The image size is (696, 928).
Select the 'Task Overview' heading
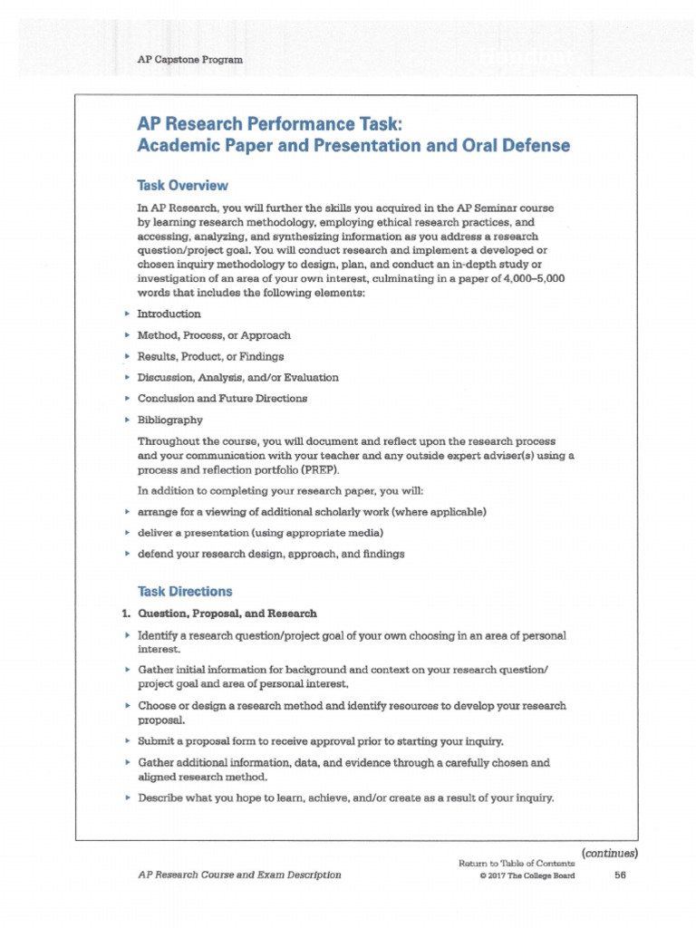click(x=182, y=185)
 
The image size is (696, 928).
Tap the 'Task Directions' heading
click(x=185, y=591)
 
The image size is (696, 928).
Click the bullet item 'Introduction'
click(x=169, y=314)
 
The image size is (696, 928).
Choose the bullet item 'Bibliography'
click(x=169, y=420)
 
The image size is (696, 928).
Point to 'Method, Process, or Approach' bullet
click(x=214, y=334)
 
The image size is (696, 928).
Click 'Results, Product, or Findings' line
click(x=210, y=356)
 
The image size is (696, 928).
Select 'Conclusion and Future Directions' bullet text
click(x=222, y=398)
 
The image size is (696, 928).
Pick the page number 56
click(x=621, y=875)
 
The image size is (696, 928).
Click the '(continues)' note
click(x=610, y=852)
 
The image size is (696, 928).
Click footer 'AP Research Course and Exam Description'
click(x=239, y=875)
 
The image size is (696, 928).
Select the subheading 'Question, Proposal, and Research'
click(x=227, y=614)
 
